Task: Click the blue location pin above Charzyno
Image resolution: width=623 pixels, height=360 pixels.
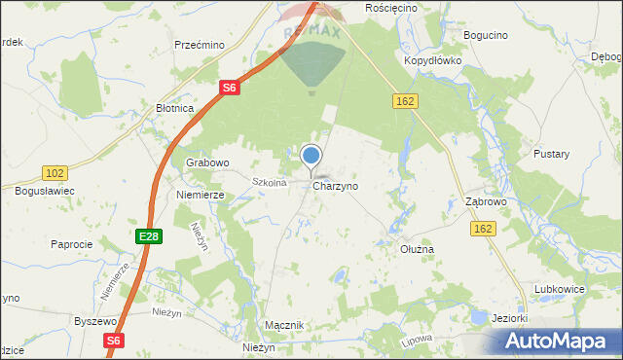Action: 311,156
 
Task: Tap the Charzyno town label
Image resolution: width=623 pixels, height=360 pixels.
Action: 336,185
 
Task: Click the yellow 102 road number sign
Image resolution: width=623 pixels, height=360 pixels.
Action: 55,172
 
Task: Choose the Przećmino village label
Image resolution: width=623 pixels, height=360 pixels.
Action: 200,45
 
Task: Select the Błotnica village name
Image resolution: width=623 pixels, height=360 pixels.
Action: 175,109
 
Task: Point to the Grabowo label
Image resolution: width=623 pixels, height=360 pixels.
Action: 206,162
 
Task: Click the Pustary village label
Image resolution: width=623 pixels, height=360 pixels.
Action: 551,154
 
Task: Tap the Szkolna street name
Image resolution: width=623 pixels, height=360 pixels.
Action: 268,182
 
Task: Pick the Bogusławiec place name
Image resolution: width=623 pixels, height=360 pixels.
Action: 45,191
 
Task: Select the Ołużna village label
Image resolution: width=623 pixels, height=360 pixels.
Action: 418,249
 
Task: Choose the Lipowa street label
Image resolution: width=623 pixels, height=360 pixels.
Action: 416,343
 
